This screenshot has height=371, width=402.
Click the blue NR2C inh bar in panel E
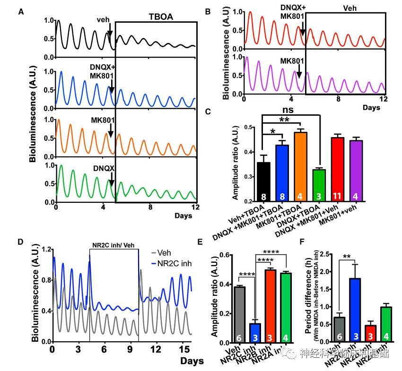tap(254, 333)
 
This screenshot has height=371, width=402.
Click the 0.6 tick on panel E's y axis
tap(228, 255)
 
